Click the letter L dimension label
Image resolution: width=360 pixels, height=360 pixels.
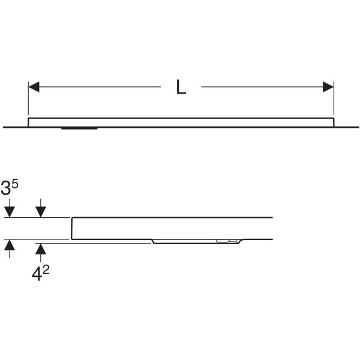coord(181,87)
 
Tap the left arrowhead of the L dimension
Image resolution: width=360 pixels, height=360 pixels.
coord(34,87)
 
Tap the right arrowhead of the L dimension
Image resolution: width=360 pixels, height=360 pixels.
coord(328,87)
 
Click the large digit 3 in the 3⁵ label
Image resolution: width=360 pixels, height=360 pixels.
coord(6,188)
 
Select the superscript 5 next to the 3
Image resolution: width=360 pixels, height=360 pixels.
coord(14,184)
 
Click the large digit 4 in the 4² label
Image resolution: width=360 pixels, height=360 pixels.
coord(37,275)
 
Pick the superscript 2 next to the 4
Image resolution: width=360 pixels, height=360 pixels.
coord(46,270)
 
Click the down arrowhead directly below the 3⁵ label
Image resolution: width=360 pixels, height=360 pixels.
coord(10,212)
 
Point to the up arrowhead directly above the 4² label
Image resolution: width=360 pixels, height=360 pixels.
coord(41,249)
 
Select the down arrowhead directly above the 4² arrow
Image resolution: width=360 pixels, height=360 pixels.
coord(41,212)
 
